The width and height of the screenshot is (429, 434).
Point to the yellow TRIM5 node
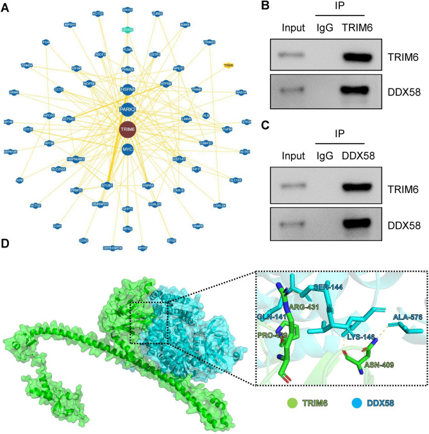coord(228,65)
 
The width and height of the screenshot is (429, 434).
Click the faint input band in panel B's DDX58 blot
coord(292,99)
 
